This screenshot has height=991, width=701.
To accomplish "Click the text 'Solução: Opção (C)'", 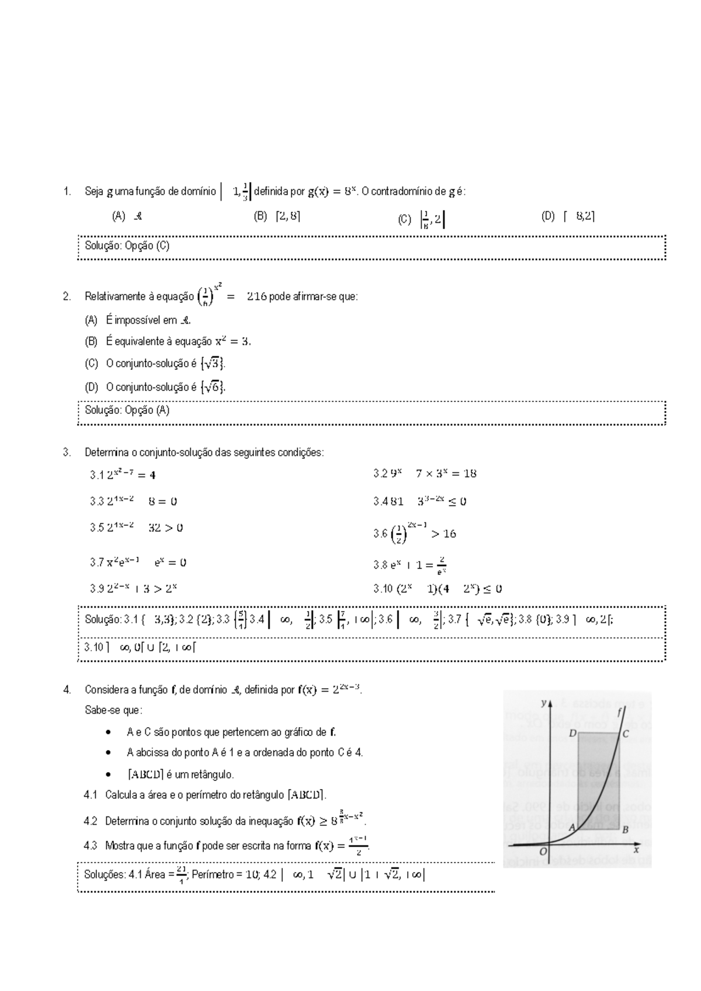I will click(x=127, y=246).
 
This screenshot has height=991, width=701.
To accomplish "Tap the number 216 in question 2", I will click(x=256, y=296).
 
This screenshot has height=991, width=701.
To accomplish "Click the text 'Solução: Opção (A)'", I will click(x=127, y=410).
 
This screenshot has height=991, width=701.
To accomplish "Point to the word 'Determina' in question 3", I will click(x=104, y=452).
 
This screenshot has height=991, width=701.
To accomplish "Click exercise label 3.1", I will click(x=97, y=475).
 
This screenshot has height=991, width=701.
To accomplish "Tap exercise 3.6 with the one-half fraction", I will click(x=414, y=533).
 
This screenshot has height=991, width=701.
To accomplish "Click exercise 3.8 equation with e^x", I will click(x=410, y=564).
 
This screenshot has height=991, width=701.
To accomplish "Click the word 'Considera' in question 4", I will click(x=105, y=690).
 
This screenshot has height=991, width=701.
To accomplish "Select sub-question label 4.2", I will click(x=90, y=821).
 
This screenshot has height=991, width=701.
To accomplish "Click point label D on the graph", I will click(x=572, y=732).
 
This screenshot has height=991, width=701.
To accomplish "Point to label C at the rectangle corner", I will click(x=626, y=734).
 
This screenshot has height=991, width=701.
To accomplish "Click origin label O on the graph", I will click(x=543, y=852).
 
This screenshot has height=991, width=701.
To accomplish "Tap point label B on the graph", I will click(x=625, y=829).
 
